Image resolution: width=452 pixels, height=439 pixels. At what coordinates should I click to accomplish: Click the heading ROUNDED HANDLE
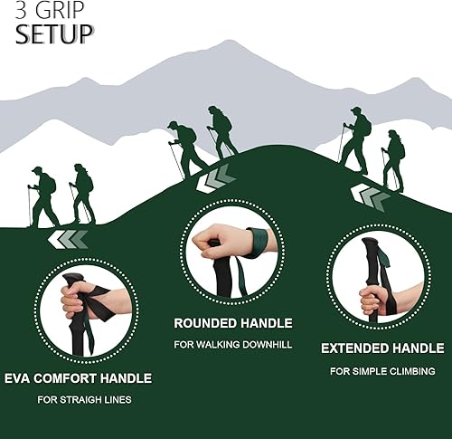[232, 323]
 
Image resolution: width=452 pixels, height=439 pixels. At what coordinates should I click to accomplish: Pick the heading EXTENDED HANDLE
[382, 348]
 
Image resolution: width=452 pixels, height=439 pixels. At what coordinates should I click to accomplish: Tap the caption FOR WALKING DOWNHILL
[232, 345]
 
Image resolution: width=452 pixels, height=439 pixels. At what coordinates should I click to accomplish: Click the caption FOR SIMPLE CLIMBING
[382, 371]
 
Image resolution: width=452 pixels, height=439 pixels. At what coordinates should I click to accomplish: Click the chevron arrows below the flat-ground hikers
[69, 239]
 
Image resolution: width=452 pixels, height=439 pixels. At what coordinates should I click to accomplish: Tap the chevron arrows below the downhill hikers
[370, 196]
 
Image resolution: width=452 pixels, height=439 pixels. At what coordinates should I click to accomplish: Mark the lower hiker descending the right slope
[393, 158]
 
